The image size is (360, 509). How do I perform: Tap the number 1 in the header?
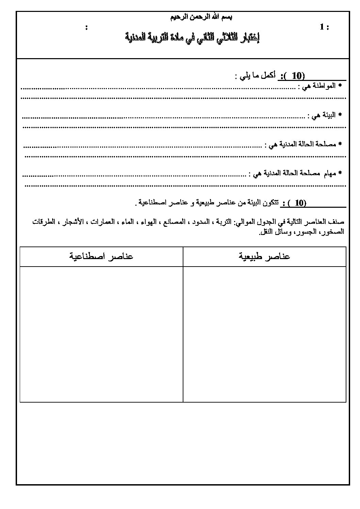click(322, 27)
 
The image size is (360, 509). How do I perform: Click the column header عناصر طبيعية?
click(264, 256)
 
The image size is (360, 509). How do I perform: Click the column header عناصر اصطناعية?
click(101, 256)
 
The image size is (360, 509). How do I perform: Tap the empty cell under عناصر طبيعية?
click(264, 333)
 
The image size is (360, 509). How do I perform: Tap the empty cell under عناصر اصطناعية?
click(101, 333)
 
